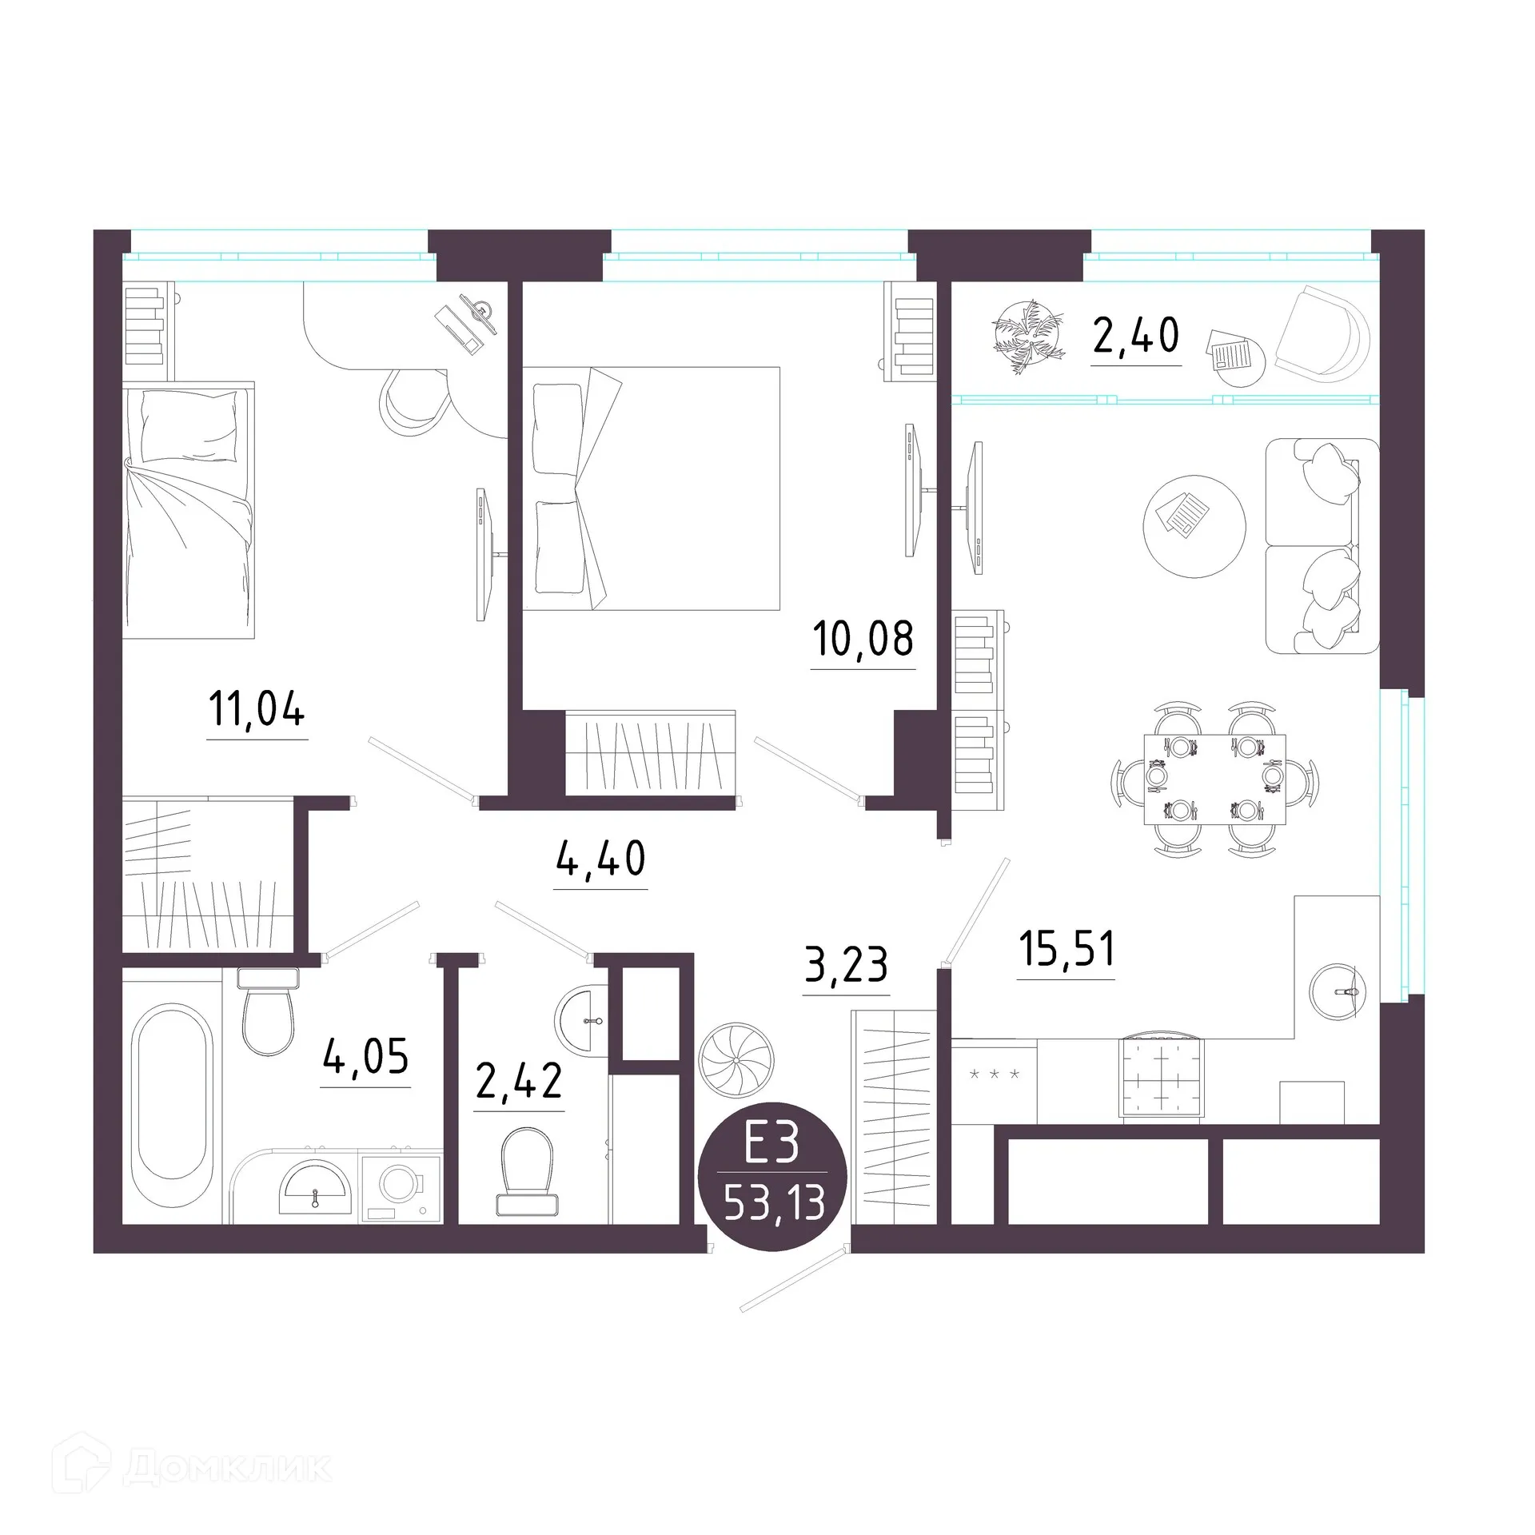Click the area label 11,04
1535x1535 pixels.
coord(257,709)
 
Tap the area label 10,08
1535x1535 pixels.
coord(863,639)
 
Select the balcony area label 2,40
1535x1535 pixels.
coord(1135,335)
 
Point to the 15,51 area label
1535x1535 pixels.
coord(1067,949)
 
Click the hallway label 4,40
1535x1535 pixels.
coord(600,859)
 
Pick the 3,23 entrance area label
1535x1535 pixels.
coord(846,965)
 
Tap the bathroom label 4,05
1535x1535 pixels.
coord(365,1057)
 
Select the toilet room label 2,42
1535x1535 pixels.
coord(519,1081)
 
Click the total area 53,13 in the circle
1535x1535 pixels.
coord(774,1203)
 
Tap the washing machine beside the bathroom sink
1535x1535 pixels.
coord(401,1187)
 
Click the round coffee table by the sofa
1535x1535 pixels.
coord(1194,526)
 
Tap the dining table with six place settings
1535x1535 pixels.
coord(1215,779)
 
